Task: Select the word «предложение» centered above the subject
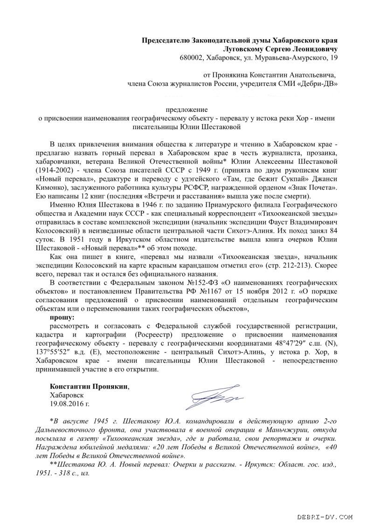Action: click(x=186, y=110)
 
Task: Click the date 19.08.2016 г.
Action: click(x=69, y=403)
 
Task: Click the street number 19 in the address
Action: click(x=332, y=58)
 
